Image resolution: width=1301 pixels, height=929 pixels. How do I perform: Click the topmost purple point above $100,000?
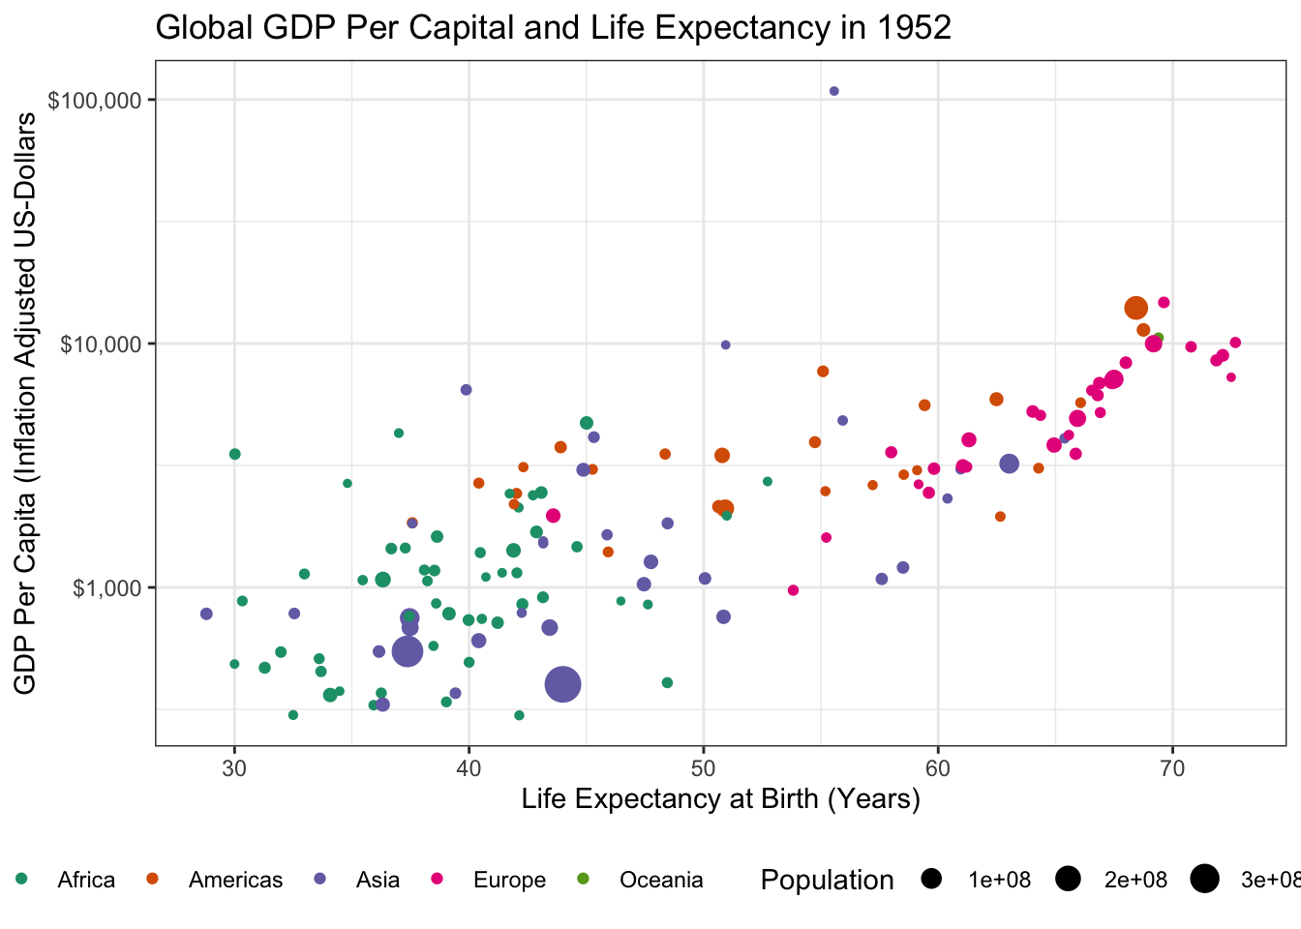point(833,91)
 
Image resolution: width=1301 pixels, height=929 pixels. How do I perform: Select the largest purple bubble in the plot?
point(562,685)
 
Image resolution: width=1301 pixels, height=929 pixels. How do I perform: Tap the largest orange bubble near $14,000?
point(1136,308)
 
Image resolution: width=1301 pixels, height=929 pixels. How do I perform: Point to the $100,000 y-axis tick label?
point(95,101)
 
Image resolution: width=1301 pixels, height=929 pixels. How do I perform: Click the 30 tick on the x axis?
point(234,767)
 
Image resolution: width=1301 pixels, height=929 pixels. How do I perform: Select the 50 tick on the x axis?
point(704,767)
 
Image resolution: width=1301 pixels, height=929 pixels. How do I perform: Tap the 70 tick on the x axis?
point(1172,767)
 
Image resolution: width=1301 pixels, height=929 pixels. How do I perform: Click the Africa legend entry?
point(85,880)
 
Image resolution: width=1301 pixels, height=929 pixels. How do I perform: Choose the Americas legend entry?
point(235,880)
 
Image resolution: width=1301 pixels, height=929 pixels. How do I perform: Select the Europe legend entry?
point(509,880)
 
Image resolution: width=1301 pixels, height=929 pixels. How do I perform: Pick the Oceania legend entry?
point(661,880)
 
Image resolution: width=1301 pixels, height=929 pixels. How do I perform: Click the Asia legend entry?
point(378,880)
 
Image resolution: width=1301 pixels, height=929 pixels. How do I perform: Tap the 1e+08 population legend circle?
point(932,880)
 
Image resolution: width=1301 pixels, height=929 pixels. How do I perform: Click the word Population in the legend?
point(827,880)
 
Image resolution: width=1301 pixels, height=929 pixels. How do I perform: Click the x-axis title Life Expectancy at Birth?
point(720,798)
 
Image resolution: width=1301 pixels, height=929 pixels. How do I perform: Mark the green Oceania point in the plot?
point(1159,338)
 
